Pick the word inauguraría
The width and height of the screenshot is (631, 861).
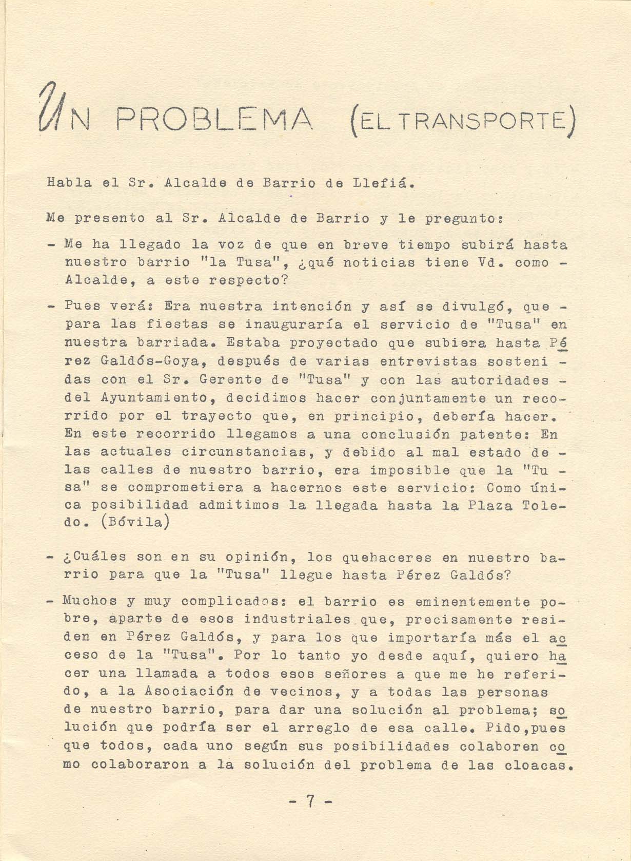(294, 325)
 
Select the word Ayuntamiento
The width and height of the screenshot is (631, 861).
(153, 398)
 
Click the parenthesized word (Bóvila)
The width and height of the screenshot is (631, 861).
(136, 523)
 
